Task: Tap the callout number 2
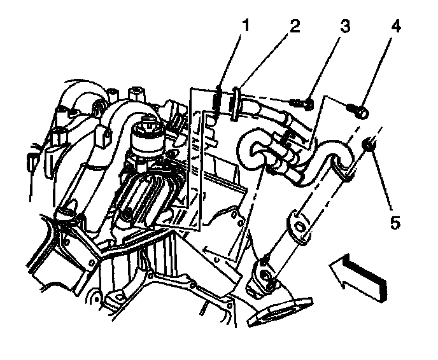(294, 26)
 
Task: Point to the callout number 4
(396, 26)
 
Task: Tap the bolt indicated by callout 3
(299, 101)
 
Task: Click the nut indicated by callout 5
(368, 146)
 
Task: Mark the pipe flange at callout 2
(237, 102)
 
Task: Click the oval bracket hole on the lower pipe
(299, 228)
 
